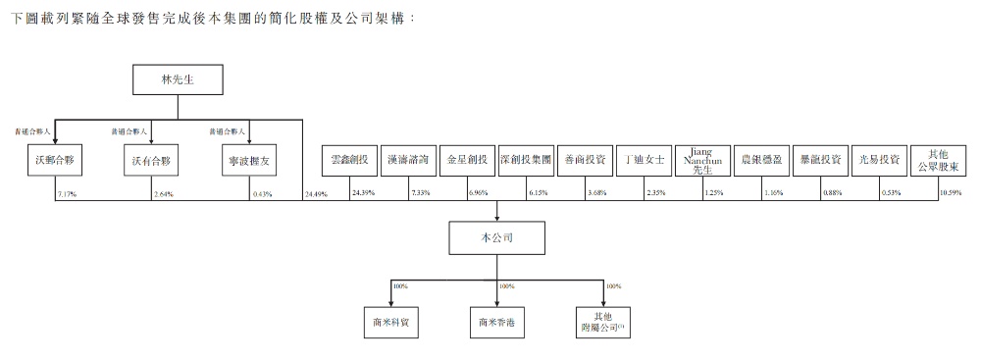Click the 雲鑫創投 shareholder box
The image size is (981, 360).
(x=349, y=158)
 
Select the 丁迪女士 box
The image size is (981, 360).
(x=644, y=158)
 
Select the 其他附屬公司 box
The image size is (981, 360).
(x=603, y=321)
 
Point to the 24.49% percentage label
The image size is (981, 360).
(x=315, y=194)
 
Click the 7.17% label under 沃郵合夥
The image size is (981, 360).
(x=68, y=193)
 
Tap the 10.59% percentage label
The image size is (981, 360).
(x=951, y=193)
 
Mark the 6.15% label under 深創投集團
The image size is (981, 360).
(x=538, y=193)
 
